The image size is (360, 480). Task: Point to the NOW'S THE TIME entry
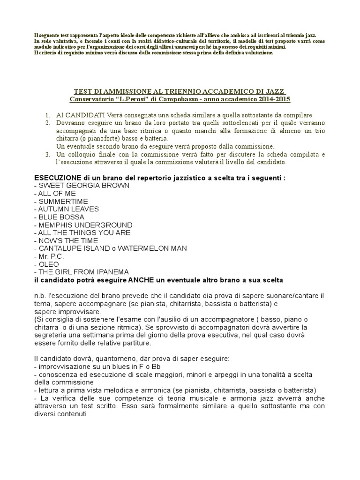[x=68, y=240]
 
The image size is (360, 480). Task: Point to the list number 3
[x=48, y=154]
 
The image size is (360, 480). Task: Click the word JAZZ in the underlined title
[x=275, y=91]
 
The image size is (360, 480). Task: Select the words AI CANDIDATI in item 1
[x=78, y=115]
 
